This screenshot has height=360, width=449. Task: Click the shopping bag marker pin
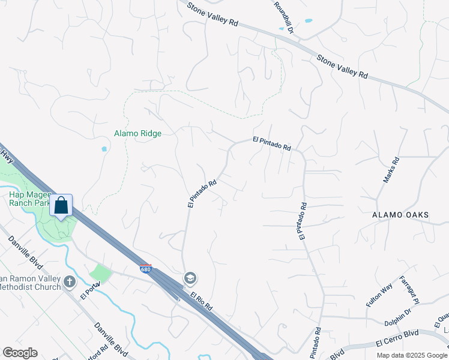click(x=61, y=206)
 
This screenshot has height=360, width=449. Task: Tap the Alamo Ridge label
click(x=138, y=133)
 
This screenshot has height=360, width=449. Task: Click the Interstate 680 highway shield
click(x=145, y=269)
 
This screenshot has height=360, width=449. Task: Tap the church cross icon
click(x=70, y=280)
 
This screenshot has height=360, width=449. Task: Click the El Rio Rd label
click(x=202, y=301)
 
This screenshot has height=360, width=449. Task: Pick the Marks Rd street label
click(x=391, y=170)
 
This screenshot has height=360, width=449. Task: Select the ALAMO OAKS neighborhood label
click(x=400, y=215)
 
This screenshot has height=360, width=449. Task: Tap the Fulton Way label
click(x=379, y=295)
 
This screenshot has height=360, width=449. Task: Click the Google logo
click(x=20, y=353)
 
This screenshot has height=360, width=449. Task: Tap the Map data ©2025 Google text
click(x=411, y=355)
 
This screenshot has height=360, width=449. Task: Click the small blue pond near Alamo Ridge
click(x=104, y=149)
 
